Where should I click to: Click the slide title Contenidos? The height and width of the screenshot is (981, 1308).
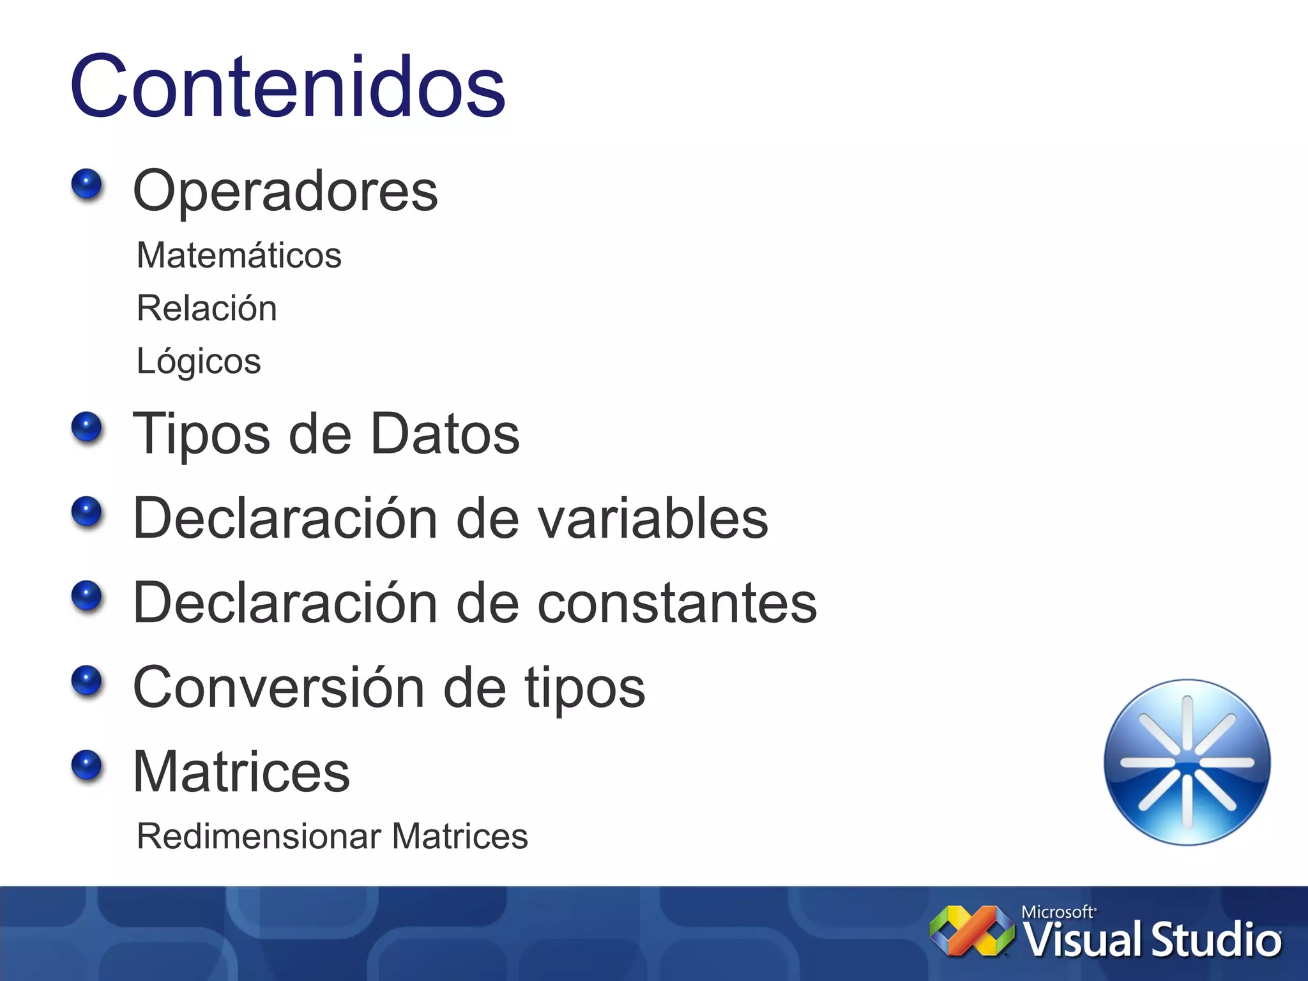(288, 86)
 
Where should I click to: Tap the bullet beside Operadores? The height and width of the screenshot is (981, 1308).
(87, 185)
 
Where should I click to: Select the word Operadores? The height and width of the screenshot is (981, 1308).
(285, 190)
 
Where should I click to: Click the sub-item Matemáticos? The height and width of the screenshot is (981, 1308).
(239, 255)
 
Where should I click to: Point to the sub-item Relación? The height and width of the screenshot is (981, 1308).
(206, 308)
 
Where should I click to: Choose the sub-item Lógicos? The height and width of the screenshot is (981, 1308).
(199, 361)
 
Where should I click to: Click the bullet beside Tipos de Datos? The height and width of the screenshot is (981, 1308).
(87, 428)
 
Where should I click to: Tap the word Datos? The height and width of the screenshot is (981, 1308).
(445, 434)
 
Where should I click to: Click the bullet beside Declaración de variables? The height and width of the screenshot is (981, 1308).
(87, 512)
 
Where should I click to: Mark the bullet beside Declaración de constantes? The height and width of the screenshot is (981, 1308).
(87, 597)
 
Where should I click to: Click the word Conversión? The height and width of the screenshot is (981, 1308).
(278, 687)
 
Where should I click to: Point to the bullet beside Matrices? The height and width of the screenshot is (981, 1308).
(87, 765)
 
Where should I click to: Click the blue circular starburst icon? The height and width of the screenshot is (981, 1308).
(1187, 763)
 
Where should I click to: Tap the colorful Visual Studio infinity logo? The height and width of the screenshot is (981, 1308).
(971, 931)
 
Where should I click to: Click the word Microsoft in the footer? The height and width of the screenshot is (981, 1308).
(1057, 912)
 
